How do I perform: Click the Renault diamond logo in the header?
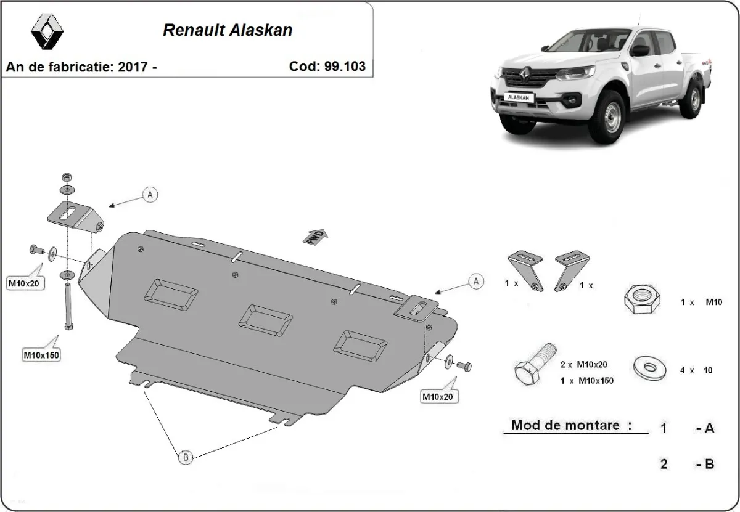(47, 31)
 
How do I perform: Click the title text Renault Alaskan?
(228, 30)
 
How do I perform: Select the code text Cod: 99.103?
(327, 67)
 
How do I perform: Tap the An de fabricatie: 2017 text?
(81, 67)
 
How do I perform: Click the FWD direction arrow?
(315, 237)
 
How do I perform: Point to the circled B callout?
(185, 457)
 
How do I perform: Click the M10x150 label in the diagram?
(41, 355)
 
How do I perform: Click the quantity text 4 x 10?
(696, 370)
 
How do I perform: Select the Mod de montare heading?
(572, 426)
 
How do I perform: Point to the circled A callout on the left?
(150, 195)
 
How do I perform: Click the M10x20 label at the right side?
(437, 397)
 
